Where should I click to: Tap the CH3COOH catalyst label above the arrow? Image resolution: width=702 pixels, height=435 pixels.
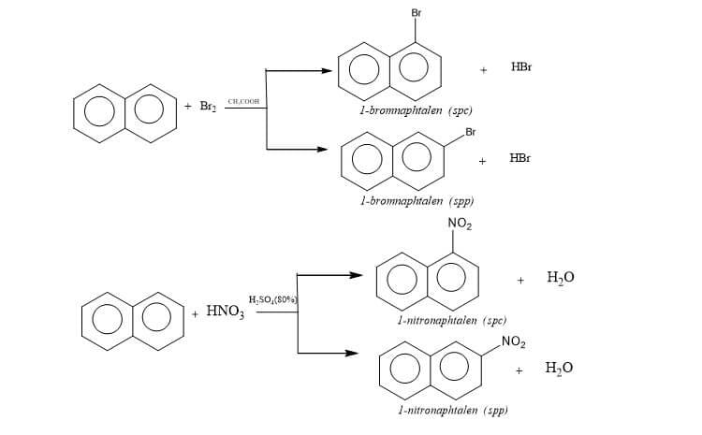(243, 101)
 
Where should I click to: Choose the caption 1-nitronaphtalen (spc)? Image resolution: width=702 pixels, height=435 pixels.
(439, 321)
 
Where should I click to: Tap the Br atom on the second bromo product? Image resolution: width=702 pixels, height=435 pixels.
(470, 131)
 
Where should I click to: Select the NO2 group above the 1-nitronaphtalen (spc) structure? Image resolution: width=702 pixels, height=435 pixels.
(460, 223)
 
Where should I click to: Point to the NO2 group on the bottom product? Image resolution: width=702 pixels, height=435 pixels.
(513, 343)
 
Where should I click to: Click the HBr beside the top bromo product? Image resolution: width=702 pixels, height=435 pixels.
(522, 68)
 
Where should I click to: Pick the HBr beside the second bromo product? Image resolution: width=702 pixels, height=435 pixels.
(520, 158)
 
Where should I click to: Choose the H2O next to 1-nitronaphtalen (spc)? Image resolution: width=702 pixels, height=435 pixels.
(560, 278)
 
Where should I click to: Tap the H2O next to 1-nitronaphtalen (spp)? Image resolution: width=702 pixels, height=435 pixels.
(559, 369)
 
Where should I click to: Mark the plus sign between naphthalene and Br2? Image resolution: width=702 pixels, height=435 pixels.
(188, 107)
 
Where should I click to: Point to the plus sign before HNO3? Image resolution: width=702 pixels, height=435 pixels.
(195, 313)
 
